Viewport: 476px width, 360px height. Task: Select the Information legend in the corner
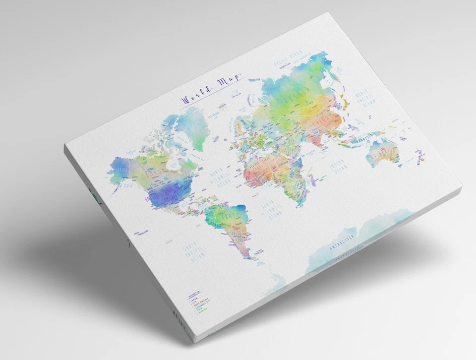point(195,303)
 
